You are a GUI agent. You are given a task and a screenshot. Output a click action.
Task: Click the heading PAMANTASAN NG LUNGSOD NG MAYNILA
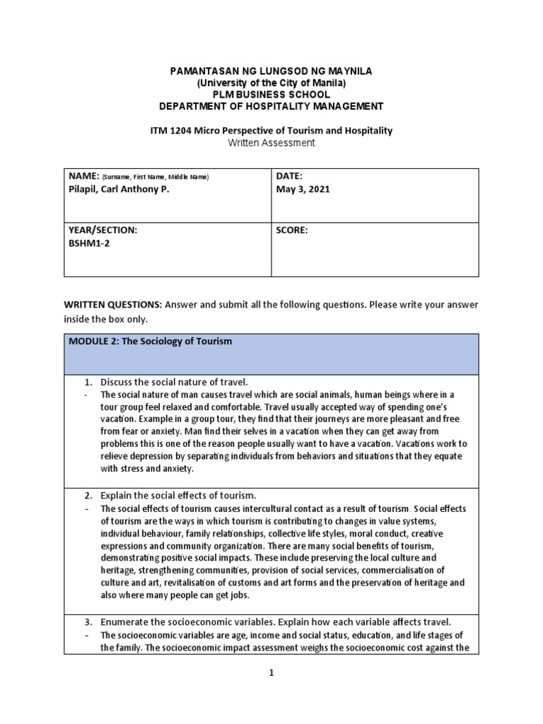click(271, 72)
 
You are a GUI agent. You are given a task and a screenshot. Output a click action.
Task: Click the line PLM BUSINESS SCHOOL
click(271, 95)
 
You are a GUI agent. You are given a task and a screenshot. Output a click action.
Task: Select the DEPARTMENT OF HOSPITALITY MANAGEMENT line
click(271, 106)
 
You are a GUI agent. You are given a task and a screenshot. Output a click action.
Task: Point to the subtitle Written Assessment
click(271, 143)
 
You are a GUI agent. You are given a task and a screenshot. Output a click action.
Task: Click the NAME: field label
click(82, 175)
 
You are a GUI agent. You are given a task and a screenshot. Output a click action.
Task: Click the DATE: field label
click(291, 175)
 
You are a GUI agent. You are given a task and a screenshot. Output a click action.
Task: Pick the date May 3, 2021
click(304, 189)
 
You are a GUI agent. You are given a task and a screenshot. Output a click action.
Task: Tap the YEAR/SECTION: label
click(103, 230)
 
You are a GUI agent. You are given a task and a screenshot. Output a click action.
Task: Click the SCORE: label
click(293, 230)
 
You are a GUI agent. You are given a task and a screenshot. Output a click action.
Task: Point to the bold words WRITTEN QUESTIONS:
click(112, 305)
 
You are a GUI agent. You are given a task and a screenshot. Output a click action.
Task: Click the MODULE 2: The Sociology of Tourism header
click(151, 341)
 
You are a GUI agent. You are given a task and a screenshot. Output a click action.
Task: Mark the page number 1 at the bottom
click(271, 675)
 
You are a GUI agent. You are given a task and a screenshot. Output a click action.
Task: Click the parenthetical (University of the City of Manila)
click(271, 83)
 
